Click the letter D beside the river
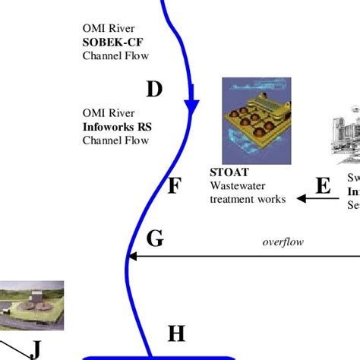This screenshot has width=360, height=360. (154, 90)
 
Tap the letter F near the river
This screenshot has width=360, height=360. (173, 185)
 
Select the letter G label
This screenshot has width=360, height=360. (155, 239)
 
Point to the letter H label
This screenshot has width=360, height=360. (176, 333)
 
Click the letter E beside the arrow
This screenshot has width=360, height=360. (323, 186)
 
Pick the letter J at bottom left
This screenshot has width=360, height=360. (36, 349)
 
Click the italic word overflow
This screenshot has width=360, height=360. (283, 242)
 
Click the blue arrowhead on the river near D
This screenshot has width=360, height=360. (191, 109)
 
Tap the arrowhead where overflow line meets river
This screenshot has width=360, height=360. (133, 257)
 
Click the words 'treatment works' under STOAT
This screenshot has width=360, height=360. (248, 199)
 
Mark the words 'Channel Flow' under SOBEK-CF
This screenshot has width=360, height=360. (116, 55)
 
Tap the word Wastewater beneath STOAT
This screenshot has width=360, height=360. (236, 186)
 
